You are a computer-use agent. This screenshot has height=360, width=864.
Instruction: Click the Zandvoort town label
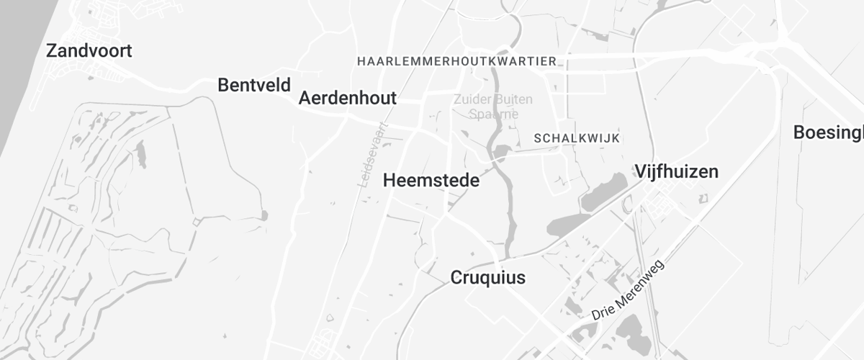coord(89,51)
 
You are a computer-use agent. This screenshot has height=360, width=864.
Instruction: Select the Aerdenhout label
coord(347,98)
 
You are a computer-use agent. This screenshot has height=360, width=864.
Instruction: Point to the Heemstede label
coord(431,181)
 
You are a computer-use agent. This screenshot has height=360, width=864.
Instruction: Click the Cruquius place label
coord(487,277)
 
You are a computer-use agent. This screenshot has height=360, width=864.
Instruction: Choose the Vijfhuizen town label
coord(676,171)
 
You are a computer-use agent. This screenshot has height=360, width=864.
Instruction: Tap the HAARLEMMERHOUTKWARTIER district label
coord(456,61)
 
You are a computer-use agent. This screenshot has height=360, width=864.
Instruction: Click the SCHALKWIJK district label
coord(576,138)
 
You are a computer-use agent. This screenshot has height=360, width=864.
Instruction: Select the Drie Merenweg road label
coord(628,291)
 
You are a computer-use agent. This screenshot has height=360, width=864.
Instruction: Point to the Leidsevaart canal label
coord(373,155)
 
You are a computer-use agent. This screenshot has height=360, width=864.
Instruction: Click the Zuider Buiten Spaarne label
coord(493,106)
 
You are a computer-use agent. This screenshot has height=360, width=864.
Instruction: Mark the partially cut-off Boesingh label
coord(828,132)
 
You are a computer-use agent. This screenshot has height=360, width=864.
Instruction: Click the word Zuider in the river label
coord(471,99)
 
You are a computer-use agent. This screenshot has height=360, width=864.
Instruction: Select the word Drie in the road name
coord(601,312)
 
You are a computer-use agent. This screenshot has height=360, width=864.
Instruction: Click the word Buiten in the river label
coord(513,99)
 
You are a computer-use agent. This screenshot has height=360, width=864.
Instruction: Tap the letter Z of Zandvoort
coord(51,51)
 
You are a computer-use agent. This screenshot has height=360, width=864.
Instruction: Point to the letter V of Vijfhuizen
coord(641,171)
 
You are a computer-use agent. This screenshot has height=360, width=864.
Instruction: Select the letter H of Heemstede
coord(390,181)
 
